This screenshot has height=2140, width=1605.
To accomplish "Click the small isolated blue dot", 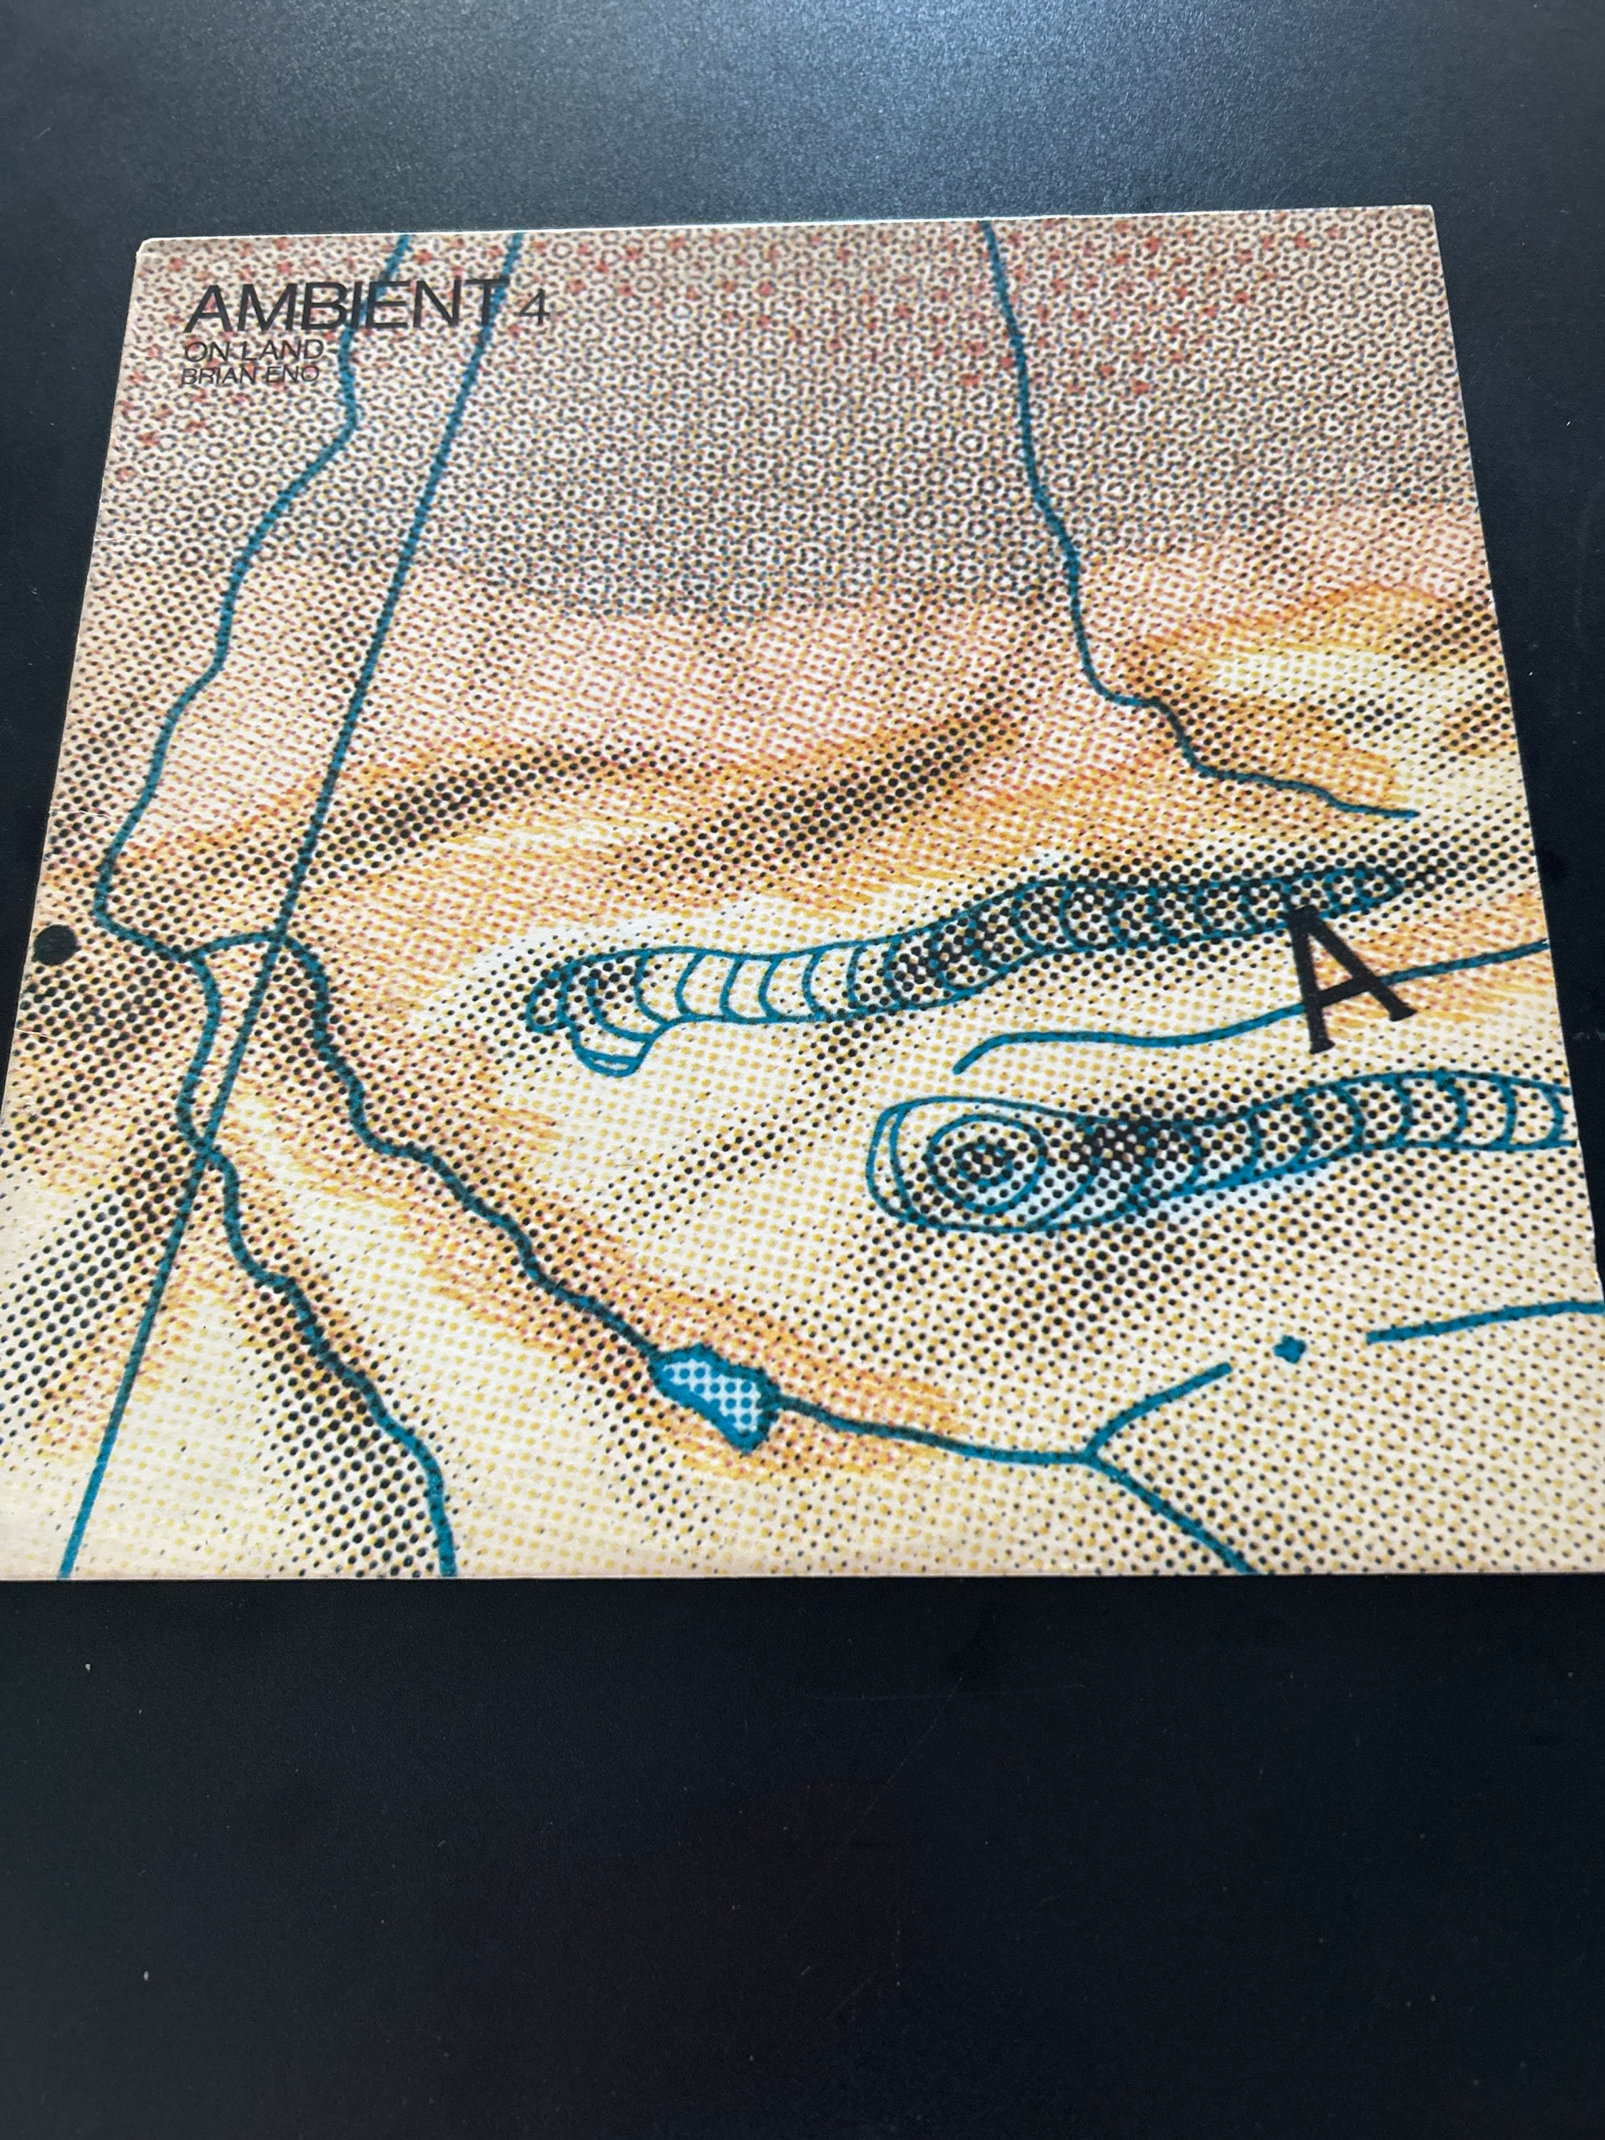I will (1287, 1347).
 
